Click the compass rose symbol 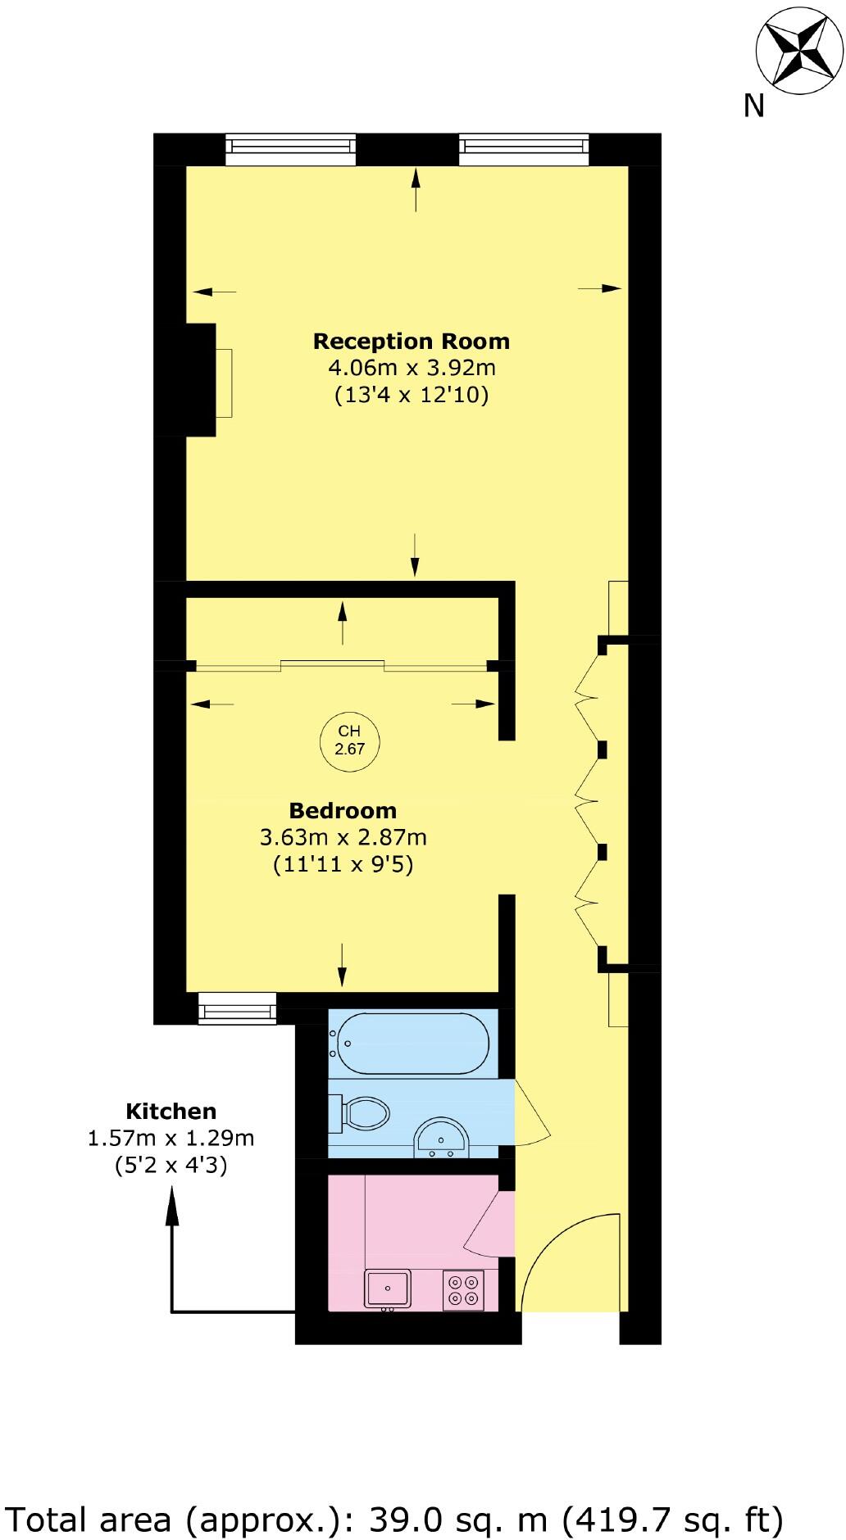coord(798,52)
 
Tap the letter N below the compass coord(753,106)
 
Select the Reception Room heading coord(412,341)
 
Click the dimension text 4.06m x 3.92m coord(412,368)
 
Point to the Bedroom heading coord(343,810)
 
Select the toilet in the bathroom coord(361,1113)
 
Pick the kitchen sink coord(389,1289)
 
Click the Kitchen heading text coord(171,1112)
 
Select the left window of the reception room coord(291,147)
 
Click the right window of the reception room coord(524,147)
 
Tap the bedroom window coord(238,1008)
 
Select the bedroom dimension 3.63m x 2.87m coord(343,838)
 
